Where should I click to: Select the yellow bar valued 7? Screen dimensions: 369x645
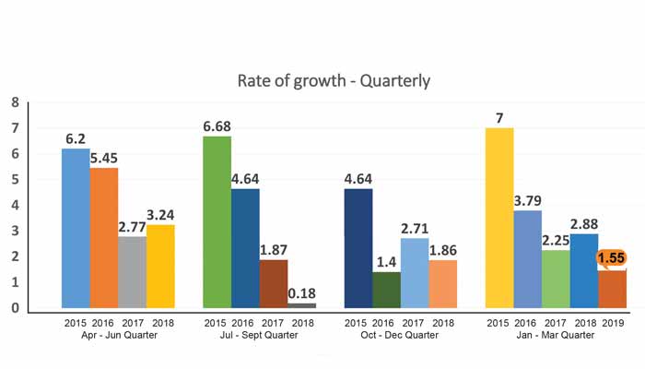[498, 218]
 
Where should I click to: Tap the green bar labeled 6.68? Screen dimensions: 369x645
[217, 221]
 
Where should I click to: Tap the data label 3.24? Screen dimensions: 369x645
[161, 214]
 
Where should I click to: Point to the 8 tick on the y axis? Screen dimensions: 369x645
[15, 101]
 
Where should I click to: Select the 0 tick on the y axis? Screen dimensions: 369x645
[15, 308]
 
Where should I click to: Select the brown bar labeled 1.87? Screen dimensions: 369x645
[274, 283]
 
